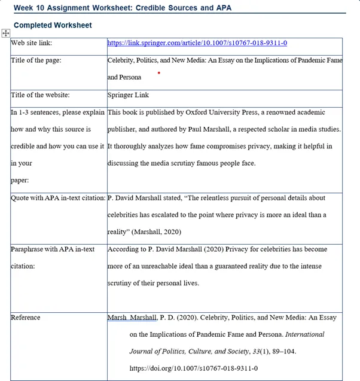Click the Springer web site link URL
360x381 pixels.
coord(197,43)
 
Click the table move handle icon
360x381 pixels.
coord(6,33)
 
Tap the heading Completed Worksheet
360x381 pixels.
coord(53,25)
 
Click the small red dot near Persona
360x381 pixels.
coord(158,73)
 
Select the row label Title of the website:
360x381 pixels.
coord(40,95)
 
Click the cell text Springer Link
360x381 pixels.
coord(128,95)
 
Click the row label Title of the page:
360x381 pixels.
coord(36,60)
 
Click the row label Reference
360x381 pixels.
coord(26,318)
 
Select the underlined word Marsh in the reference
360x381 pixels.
coord(117,318)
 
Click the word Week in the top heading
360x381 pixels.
coord(23,8)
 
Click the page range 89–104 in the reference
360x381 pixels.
coord(280,352)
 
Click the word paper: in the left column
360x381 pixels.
coord(20,179)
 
